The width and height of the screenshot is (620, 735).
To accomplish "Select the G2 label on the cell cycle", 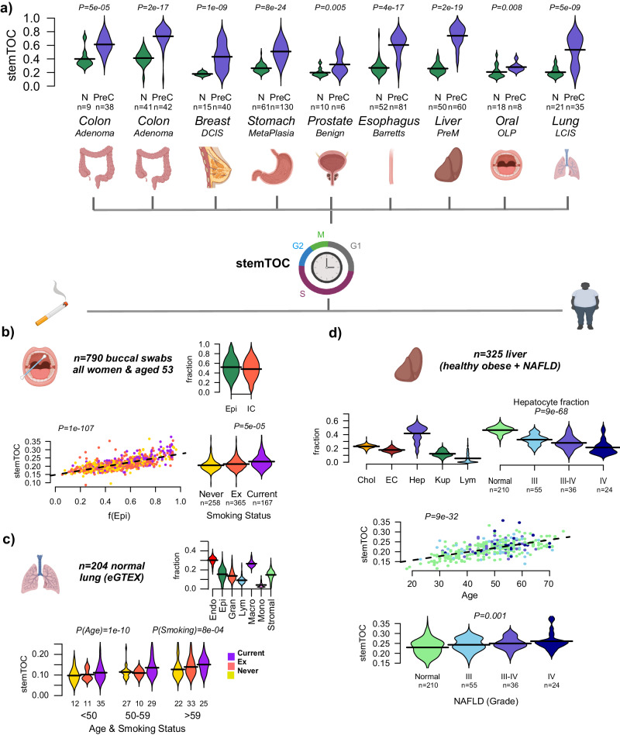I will pos(297,245).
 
